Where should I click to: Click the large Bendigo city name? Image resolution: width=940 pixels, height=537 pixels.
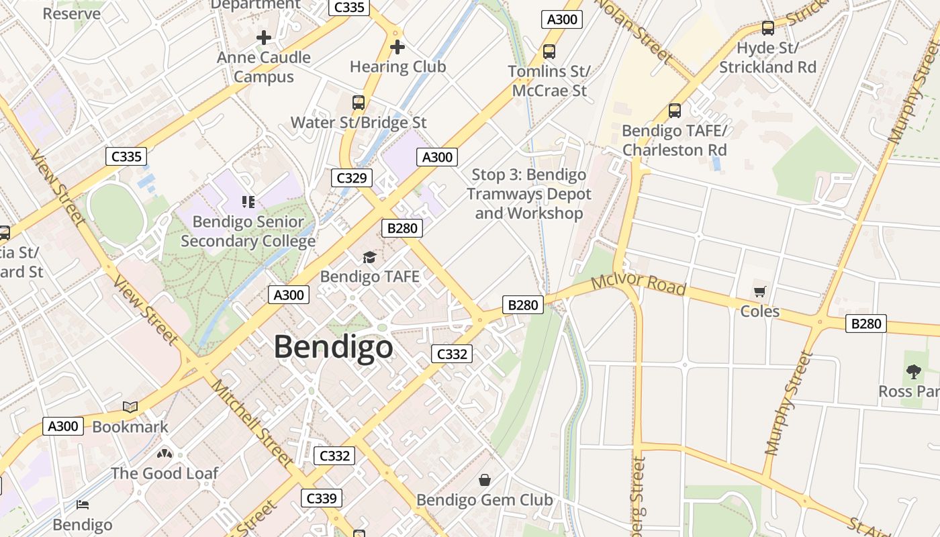pos(333,347)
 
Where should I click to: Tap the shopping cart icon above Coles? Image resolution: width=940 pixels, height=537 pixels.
pos(759,291)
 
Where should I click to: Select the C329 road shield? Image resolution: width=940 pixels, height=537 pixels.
pos(351,178)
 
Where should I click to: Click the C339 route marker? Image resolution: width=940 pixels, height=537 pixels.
pos(322,498)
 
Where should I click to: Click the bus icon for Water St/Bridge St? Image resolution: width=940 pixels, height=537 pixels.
pos(359,103)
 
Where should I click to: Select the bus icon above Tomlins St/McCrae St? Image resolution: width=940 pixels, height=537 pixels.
pos(549,51)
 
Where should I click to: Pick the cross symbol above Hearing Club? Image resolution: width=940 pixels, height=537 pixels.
pos(397,47)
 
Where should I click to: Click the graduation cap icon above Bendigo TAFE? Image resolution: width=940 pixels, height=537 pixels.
pos(369,257)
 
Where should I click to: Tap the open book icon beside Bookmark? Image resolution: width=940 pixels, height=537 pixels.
pos(130,407)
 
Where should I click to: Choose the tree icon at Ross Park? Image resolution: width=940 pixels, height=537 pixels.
pos(913,371)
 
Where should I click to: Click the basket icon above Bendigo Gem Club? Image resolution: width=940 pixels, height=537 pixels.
pos(485,480)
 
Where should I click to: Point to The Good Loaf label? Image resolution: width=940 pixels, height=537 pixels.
pos(164,473)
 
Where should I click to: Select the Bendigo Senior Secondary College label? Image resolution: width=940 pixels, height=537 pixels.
pos(248,231)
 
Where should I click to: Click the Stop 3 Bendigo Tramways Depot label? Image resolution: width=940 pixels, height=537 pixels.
pos(528,194)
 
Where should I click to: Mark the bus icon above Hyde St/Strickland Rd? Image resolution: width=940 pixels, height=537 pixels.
pos(768,28)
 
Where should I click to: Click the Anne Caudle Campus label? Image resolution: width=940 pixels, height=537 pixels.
pos(264,67)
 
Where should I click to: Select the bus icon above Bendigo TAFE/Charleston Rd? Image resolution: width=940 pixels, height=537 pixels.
pos(675,111)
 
